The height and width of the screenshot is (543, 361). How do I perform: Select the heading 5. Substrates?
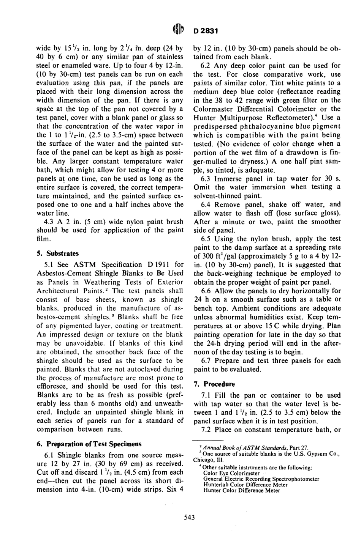(x=57, y=253)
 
